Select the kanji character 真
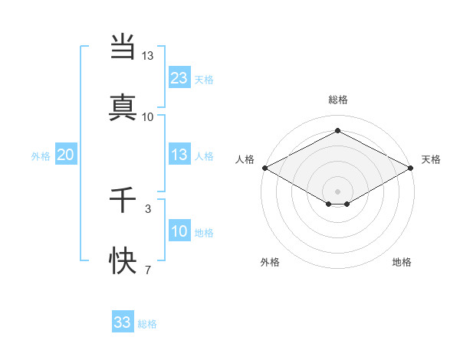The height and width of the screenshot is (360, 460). [x=123, y=107]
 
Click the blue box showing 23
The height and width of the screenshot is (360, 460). [x=179, y=77]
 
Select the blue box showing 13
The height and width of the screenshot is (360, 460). [x=179, y=155]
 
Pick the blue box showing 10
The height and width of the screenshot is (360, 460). [x=179, y=231]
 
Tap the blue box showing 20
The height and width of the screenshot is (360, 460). [x=65, y=155]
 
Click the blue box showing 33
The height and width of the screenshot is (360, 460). [x=123, y=322]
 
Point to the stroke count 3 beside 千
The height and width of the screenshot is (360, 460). [x=147, y=208]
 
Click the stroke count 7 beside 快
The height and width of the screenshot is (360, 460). [x=147, y=269]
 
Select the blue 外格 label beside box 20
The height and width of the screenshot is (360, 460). [x=41, y=156]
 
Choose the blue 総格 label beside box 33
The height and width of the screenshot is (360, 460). [x=147, y=324]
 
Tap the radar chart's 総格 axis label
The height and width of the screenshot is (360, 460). [x=337, y=100]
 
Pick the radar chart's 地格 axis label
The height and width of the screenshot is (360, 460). [x=402, y=262]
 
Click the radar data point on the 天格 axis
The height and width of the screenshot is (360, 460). [x=412, y=168]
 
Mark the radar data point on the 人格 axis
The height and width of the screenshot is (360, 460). [x=264, y=168]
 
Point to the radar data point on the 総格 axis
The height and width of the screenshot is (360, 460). [x=337, y=130]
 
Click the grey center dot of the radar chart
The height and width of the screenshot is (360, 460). [x=337, y=191]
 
